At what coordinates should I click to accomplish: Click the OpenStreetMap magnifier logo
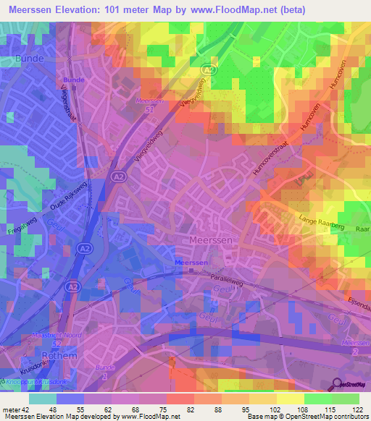(x=338, y=384)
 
